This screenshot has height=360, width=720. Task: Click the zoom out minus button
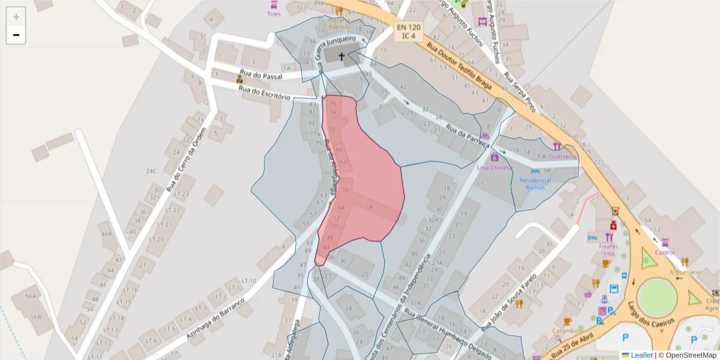coord(16,35)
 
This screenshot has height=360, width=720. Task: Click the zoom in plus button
coord(16,17)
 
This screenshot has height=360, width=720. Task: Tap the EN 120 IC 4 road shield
coord(409,31)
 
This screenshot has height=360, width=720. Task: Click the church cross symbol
coord(342,57)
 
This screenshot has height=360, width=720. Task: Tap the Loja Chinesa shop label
coord(494,167)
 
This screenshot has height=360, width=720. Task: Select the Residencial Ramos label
coord(535,183)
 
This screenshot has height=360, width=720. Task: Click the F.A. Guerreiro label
coord(557,157)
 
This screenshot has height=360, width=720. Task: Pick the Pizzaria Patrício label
coord(338,23)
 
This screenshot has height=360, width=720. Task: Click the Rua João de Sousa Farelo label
coord(510,304)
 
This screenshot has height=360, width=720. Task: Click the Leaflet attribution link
coord(641,355)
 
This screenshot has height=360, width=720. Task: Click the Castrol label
coord(665,253)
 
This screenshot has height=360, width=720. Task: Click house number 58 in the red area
coord(369,208)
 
